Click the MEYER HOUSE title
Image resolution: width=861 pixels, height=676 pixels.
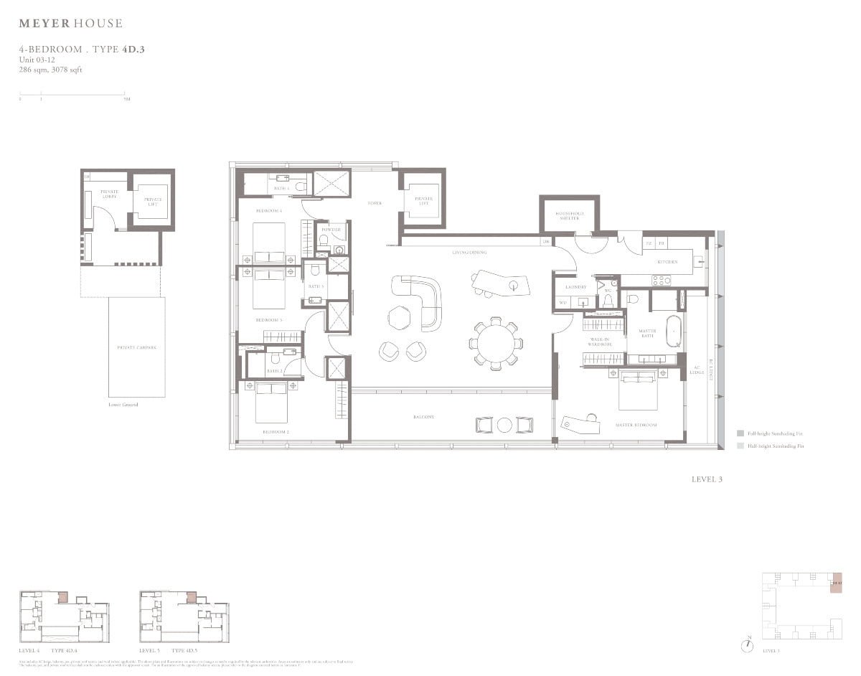click(70, 24)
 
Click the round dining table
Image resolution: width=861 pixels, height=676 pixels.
click(494, 344)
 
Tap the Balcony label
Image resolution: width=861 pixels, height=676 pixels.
click(423, 417)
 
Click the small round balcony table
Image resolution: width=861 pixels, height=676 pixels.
click(504, 425)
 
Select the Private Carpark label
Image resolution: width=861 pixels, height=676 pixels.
click(136, 347)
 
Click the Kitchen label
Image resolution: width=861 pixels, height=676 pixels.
click(667, 263)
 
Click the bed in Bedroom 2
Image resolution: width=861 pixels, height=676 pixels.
click(271, 401)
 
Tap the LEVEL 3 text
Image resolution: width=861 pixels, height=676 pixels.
click(707, 479)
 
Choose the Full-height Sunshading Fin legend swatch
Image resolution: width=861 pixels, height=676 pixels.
click(740, 433)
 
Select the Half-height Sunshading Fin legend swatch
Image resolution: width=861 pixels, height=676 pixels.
click(740, 446)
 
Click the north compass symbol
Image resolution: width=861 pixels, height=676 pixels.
click(748, 645)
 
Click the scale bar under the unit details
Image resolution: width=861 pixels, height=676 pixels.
click(72, 94)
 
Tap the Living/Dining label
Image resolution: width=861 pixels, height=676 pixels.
click(470, 253)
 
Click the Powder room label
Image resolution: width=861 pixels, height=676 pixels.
click(331, 230)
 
